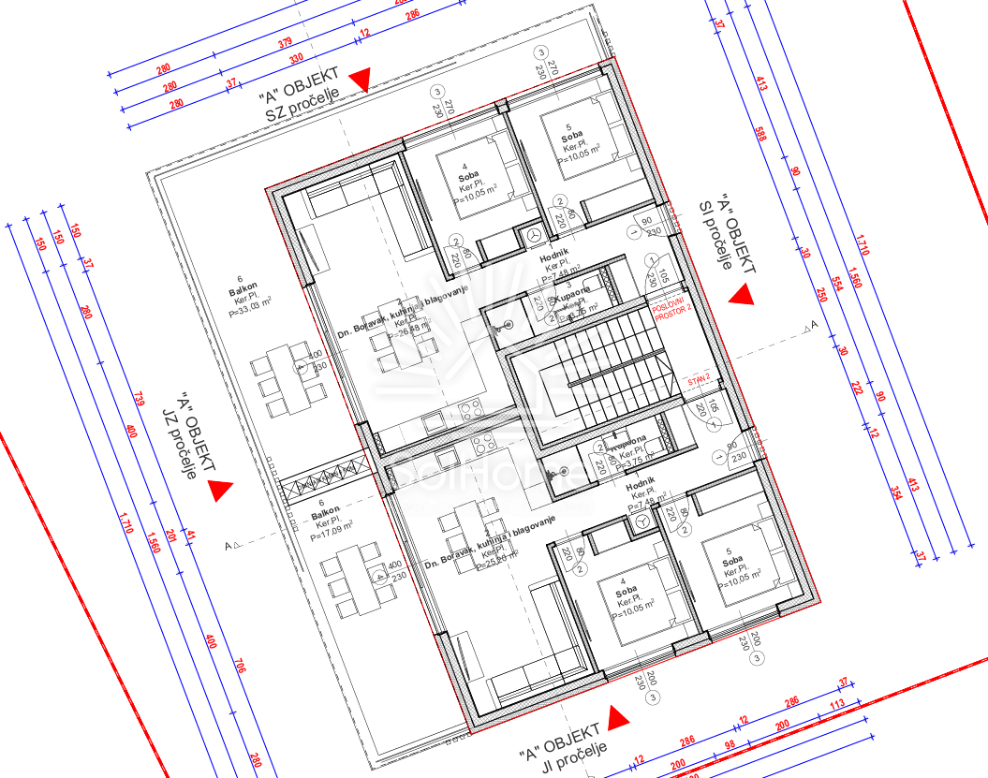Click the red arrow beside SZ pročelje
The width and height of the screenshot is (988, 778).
click(361, 80)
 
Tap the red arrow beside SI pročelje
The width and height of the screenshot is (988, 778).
click(742, 296)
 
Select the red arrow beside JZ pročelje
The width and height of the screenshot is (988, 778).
click(220, 490)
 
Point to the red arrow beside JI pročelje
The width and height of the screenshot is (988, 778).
click(618, 719)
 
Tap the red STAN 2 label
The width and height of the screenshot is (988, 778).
click(699, 378)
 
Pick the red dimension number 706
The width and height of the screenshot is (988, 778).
click(240, 668)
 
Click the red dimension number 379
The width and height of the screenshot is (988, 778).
click(286, 43)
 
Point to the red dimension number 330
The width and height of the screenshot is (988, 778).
click(297, 60)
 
